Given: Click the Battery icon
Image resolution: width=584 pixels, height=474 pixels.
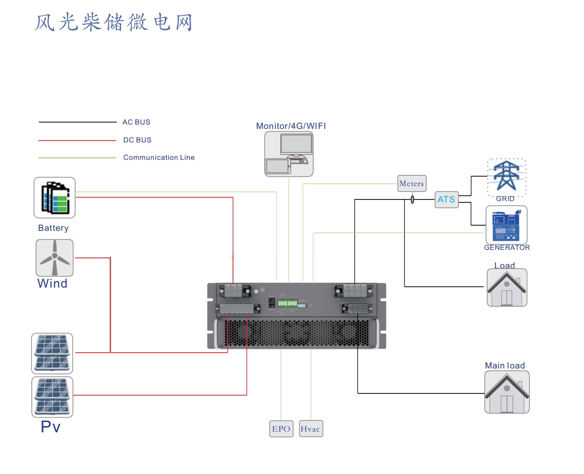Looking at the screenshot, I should coord(55,198).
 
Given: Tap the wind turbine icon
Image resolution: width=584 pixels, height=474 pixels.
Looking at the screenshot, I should coord(55,258).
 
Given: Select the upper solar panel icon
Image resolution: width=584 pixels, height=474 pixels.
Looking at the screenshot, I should coord(52,353).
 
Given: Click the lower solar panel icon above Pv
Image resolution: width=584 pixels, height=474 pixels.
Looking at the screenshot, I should coord(52,397).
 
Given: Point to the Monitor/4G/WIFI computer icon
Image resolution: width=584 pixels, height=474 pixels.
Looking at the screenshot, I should coord(289,154).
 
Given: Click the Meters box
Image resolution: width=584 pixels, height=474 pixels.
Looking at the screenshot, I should coord(412,184).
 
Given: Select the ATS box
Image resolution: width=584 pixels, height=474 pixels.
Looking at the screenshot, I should coord(446,200).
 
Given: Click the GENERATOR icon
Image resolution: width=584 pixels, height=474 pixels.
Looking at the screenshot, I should coord(506,225).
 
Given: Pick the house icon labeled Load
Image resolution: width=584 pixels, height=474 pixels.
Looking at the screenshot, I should coord(507,288).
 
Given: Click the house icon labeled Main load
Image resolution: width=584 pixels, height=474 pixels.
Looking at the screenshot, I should coord(507,392).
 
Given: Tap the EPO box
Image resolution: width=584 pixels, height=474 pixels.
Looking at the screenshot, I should coord(281,429).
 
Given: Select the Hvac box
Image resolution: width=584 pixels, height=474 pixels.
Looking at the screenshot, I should coord(311,429).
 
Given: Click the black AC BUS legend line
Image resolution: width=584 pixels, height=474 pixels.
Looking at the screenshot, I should coord(77,122).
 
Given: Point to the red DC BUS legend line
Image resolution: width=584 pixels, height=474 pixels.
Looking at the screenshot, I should coord(77,140).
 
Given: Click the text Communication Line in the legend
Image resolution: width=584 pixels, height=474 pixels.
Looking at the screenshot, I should coord(159,157).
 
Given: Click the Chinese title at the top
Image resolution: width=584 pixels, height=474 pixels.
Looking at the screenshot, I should coord(114,22).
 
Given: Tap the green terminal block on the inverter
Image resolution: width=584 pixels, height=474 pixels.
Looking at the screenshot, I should coord(287,303).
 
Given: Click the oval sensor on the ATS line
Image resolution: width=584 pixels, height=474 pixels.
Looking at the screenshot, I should coord(412,199).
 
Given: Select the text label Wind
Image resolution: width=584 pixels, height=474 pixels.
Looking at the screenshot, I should coord(52,284).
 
